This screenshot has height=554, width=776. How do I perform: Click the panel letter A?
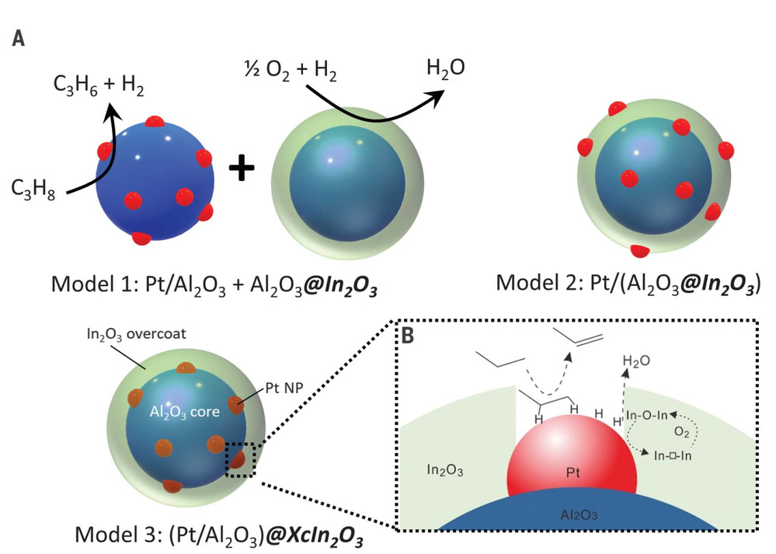tap(19, 38)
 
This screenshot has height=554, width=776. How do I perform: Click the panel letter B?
tap(407, 336)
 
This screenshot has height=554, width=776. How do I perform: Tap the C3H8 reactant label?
tap(33, 190)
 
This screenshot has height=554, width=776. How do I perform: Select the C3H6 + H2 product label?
tap(99, 85)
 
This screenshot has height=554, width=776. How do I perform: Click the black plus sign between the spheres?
tap(242, 169)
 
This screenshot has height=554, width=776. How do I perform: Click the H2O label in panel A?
tap(445, 68)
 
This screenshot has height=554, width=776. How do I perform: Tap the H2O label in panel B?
tap(636, 361)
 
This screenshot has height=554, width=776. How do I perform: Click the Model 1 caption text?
tap(214, 284)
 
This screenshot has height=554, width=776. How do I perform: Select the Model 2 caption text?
tap(628, 283)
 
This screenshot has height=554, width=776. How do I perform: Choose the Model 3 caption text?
tap(218, 535)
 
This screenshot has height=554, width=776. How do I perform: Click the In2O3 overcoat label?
tap(136, 335)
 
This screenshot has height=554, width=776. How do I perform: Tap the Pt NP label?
tap(284, 388)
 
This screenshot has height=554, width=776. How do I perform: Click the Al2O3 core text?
tap(185, 412)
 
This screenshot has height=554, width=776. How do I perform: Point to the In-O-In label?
tap(647, 416)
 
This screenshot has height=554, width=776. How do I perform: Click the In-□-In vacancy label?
tap(673, 455)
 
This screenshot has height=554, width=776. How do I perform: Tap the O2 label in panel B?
tap(681, 432)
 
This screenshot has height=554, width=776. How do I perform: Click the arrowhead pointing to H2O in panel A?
tap(436, 96)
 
